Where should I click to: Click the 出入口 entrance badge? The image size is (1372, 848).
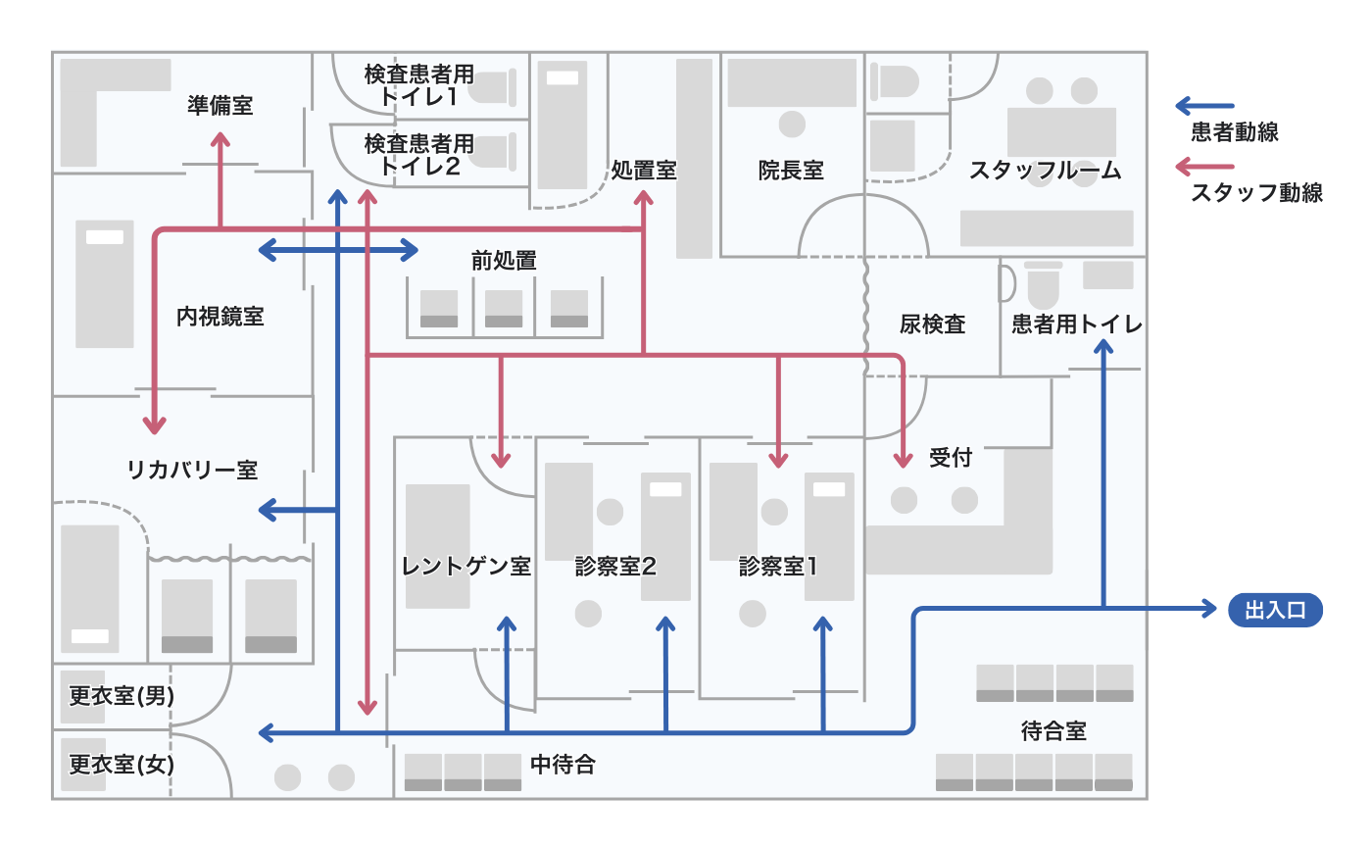tap(1275, 611)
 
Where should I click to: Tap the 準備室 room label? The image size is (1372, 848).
tap(220, 105)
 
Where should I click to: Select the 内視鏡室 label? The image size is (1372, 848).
tap(220, 317)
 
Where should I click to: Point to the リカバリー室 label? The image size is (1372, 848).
tap(192, 470)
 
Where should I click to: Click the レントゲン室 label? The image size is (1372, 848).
tap(466, 567)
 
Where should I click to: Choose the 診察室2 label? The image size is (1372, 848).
tap(615, 567)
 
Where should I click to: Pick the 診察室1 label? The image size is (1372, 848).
tap(778, 567)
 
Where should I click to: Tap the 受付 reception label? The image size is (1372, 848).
tap(951, 457)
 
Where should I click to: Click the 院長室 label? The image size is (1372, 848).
tap(791, 171)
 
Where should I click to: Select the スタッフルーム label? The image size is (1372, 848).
tap(1046, 171)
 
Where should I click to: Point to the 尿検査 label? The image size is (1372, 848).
tap(932, 324)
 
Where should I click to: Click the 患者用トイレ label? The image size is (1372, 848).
tap(1077, 324)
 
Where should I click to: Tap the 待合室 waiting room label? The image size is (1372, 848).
tap(1053, 731)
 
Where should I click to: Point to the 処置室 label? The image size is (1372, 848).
tap(644, 171)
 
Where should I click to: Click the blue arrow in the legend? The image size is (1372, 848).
tap(1205, 105)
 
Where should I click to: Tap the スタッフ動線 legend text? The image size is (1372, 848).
tap(1257, 193)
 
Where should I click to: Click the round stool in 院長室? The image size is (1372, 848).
tap(792, 125)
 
